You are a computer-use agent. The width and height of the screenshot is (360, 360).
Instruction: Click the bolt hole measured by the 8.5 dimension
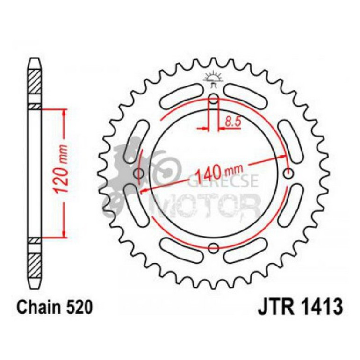pyautogui.click(x=213, y=99)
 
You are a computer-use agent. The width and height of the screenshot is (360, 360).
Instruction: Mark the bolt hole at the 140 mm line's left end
pyautogui.click(x=137, y=174)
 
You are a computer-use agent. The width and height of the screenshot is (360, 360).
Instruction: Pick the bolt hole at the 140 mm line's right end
pyautogui.click(x=288, y=174)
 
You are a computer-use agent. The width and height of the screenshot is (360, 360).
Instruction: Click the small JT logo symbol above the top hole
pyautogui.click(x=213, y=79)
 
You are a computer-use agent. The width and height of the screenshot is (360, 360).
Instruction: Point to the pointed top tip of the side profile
pyautogui.click(x=35, y=60)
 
